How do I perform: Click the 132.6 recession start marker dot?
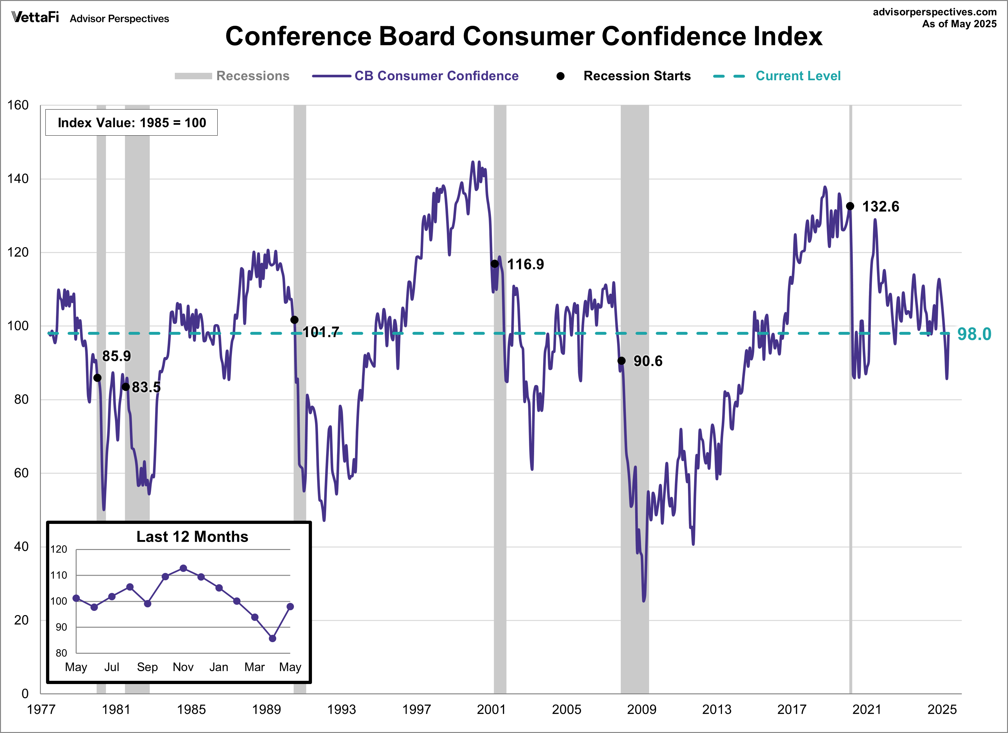(x=850, y=206)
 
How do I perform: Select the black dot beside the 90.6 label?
(x=621, y=361)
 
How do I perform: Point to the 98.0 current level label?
(x=974, y=334)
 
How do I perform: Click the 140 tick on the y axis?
(x=18, y=179)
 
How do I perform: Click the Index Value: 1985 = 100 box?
(x=132, y=123)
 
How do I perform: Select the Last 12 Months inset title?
(x=192, y=537)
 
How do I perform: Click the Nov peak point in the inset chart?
(x=183, y=568)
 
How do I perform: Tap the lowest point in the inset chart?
(x=272, y=638)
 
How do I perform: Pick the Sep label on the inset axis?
(x=147, y=667)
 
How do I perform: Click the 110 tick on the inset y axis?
(x=59, y=575)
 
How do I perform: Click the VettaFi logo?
(x=35, y=17)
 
